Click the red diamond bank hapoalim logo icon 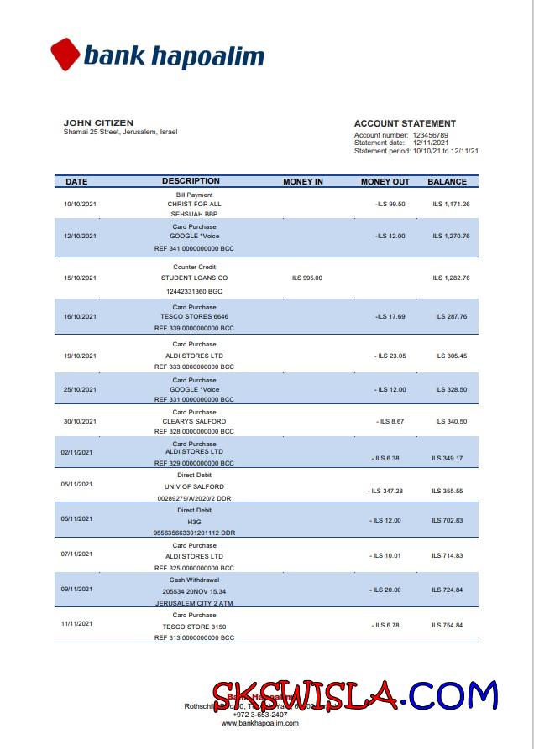point(65,55)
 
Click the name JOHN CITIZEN point(98,122)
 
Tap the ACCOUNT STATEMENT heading point(405,123)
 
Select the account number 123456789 point(430,135)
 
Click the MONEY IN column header point(303,181)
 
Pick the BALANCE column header point(447,181)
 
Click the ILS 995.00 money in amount point(306,278)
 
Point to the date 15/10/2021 point(81,278)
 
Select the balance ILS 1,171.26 point(451,204)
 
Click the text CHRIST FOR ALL point(194,204)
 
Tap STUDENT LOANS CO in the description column point(194,278)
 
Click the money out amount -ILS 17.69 point(390,316)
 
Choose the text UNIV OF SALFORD point(194,486)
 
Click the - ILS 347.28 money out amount point(385,491)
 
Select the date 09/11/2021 point(76,590)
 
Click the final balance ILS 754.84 point(448,625)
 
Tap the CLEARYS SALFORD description point(194,421)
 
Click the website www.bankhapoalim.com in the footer point(259,723)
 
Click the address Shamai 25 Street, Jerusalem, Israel point(120,132)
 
